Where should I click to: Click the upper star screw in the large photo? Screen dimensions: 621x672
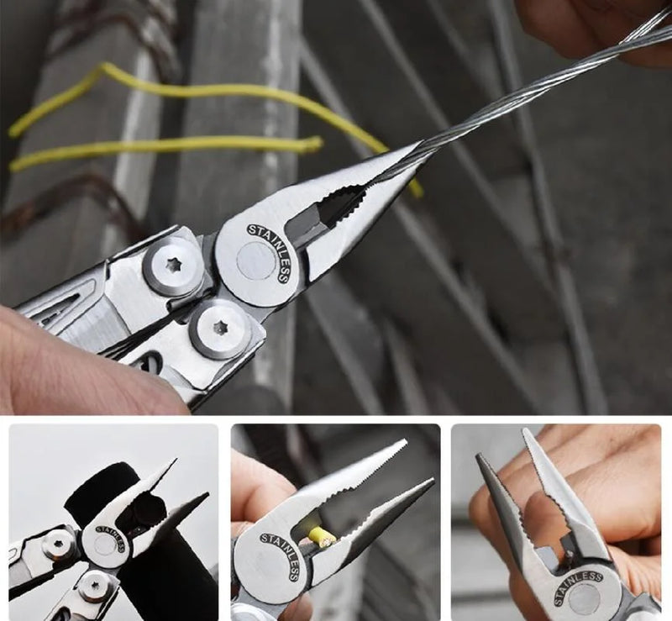(173, 266)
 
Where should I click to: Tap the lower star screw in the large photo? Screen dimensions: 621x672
(219, 329)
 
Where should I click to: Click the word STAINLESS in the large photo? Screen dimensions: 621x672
(271, 250)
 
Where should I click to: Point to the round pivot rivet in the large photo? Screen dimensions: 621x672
(256, 261)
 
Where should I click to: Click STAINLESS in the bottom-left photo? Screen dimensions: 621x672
(111, 538)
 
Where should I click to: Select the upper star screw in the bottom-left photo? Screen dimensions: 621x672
(58, 545)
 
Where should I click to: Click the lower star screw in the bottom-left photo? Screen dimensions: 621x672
(95, 587)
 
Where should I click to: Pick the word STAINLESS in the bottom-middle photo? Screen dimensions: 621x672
(281, 555)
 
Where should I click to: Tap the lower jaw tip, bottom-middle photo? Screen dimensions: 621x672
(431, 482)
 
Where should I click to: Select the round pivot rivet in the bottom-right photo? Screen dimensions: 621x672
(585, 598)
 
